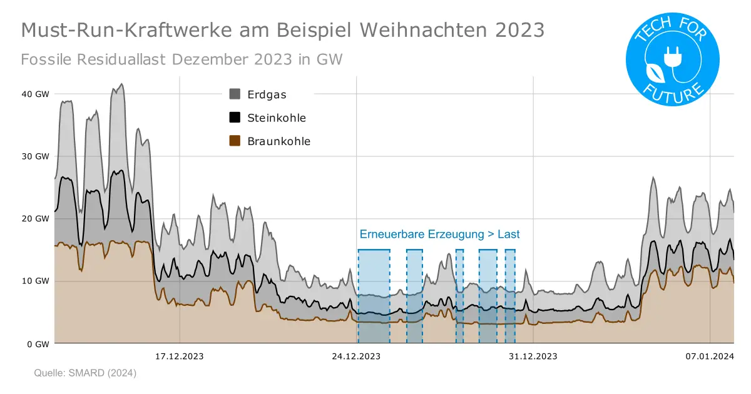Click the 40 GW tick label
[36, 94]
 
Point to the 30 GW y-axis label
[36, 156]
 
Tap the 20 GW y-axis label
[36, 219]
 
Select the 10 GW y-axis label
[36, 281]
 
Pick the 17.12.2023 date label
[179, 356]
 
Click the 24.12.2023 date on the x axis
[356, 356]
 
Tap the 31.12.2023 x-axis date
[533, 356]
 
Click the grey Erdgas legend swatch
[235, 94]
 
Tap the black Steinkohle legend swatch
[235, 118]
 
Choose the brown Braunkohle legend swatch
[235, 141]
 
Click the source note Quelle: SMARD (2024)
[84, 373]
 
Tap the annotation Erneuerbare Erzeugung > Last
[439, 235]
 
